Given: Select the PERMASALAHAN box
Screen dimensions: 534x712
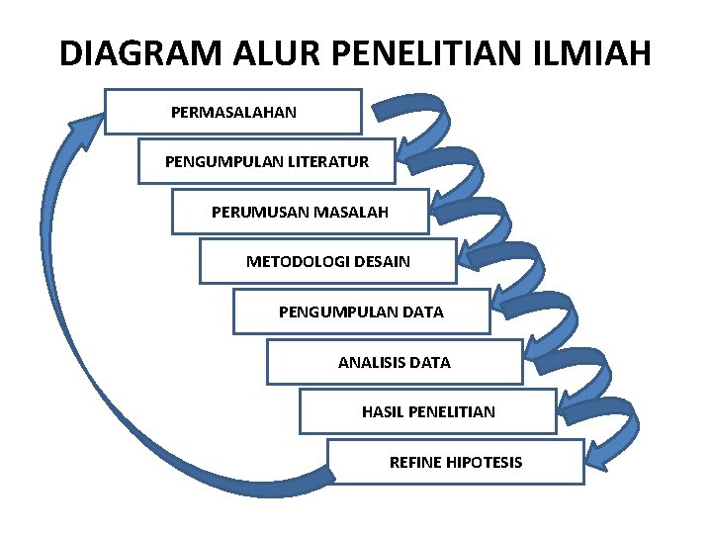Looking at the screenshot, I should point(233,112).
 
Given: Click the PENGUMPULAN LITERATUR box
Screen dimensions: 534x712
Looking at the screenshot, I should point(266,161).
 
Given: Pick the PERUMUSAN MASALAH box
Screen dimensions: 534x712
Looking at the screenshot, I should point(300,212).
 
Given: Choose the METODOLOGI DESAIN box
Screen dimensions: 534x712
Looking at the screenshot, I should point(327,262).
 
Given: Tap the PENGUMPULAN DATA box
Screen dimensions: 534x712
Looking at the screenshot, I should point(361,312).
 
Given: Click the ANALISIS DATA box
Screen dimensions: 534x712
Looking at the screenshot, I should point(394,363).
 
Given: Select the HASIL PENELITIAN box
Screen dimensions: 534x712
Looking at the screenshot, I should point(427,411).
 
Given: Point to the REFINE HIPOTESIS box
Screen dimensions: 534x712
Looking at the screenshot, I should point(455,462).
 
